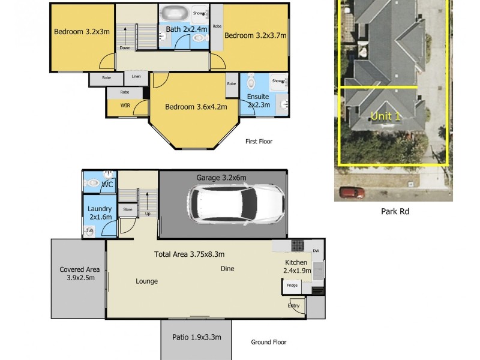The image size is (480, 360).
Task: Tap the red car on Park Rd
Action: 352,193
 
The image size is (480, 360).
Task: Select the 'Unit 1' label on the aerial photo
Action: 385,116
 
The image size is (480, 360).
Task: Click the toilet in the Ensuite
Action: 251,81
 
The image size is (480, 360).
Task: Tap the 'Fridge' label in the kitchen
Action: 292,285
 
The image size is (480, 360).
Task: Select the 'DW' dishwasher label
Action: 316,251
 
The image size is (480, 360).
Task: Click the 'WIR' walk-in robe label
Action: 125,106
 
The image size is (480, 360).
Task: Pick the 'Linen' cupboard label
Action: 136,77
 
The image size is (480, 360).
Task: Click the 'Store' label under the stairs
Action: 128,209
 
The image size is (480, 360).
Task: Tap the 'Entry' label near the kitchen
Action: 293,306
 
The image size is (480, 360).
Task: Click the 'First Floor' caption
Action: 259,142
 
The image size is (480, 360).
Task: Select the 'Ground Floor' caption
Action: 268,342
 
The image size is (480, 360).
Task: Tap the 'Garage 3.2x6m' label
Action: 221,178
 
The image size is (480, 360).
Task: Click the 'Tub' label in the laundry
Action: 89,230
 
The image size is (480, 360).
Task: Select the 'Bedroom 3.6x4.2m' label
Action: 196,107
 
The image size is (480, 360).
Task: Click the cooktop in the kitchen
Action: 297,245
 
